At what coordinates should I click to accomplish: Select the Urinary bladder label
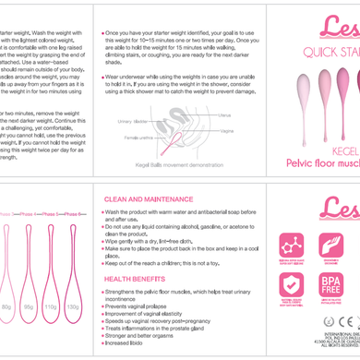pyautogui.click(x=132, y=121)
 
